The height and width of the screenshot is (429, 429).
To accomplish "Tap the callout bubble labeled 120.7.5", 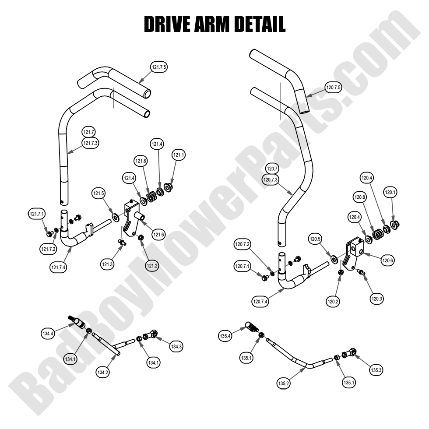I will tap(334, 88).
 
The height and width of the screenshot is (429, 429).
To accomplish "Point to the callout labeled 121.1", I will tap(179, 155).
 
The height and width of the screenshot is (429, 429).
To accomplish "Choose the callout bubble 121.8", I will tap(141, 162).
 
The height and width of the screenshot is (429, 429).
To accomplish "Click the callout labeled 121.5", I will tap(98, 193).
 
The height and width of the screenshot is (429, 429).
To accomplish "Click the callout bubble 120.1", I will tap(390, 192).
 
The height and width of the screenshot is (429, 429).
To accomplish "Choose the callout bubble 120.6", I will tap(388, 260).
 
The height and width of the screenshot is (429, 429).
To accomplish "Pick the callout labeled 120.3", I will tap(376, 299).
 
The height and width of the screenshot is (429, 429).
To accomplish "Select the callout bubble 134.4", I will tap(48, 334).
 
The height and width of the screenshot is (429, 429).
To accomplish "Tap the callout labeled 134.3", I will tap(176, 347).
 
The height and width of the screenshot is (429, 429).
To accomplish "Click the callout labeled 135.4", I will tap(225, 336).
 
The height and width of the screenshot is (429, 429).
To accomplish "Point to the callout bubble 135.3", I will tap(376, 370).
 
